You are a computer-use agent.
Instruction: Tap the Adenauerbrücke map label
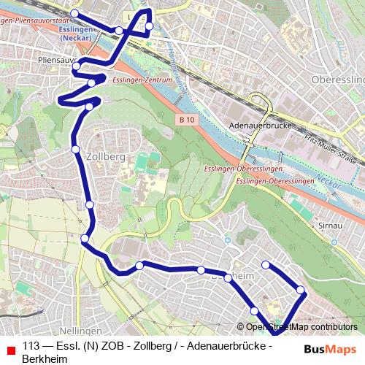point(261,125)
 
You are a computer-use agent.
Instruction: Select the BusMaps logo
point(330,349)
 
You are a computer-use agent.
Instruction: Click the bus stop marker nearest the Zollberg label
point(76,149)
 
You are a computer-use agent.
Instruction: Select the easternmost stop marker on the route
point(301,292)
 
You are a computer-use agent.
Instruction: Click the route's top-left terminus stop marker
point(74,13)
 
